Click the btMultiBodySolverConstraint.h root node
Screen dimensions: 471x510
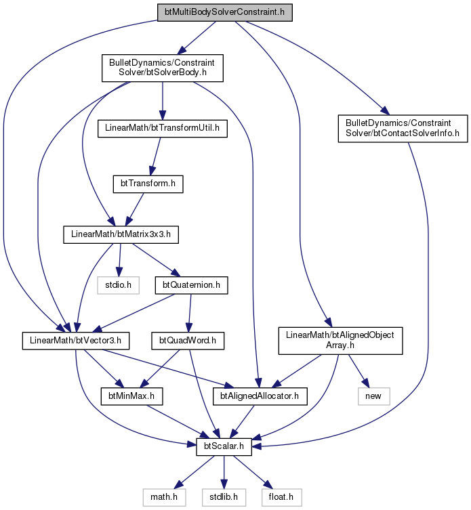click(x=224, y=13)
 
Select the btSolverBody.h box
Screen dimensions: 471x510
click(x=163, y=68)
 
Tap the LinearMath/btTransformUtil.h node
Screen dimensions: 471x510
click(x=163, y=129)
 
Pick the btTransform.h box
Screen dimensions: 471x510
click(x=148, y=184)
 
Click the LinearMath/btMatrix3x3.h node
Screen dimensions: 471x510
click(x=121, y=234)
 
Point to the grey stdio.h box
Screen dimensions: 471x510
click(x=118, y=285)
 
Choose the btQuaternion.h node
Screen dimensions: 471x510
click(x=191, y=285)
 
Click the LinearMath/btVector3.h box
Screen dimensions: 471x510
click(x=75, y=341)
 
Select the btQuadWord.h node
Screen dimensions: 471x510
click(x=188, y=341)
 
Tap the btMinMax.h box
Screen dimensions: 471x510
click(x=131, y=396)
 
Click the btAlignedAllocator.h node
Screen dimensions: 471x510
click(x=260, y=396)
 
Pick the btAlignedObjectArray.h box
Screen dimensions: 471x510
click(x=340, y=341)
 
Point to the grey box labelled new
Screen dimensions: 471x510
click(x=373, y=396)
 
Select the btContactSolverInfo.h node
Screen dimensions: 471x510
click(x=403, y=129)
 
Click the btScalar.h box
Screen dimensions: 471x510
click(x=224, y=446)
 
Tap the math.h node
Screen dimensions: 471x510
click(x=164, y=497)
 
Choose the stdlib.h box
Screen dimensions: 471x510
click(x=224, y=497)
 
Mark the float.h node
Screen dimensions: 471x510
click(x=281, y=497)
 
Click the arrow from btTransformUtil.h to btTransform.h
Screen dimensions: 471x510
click(x=155, y=156)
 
